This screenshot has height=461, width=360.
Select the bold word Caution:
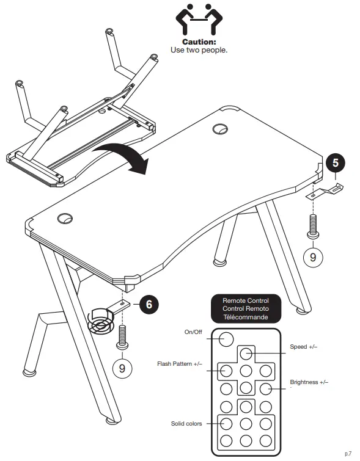pyautogui.click(x=199, y=42)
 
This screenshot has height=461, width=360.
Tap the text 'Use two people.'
pyautogui.click(x=199, y=49)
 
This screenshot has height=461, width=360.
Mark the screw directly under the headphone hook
pyautogui.click(x=313, y=225)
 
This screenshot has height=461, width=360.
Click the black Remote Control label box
pyautogui.click(x=245, y=308)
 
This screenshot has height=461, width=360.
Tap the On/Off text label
pyautogui.click(x=194, y=332)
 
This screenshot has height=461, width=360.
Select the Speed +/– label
pyautogui.click(x=303, y=347)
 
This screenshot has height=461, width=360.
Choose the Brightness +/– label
pyautogui.click(x=309, y=382)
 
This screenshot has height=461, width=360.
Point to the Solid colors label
pyautogui.click(x=186, y=423)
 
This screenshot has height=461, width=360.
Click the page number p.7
pyautogui.click(x=348, y=452)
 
